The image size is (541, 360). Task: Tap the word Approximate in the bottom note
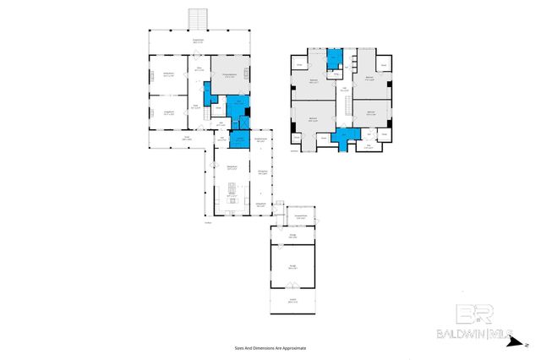click(292, 347)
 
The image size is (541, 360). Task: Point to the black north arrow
click(526, 345)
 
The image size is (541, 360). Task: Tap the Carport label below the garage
click(293, 302)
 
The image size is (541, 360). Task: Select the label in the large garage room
click(293, 268)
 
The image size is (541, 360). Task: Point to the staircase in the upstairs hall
click(345, 105)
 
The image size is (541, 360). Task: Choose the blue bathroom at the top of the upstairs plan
click(334, 58)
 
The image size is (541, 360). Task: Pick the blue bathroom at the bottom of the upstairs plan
click(344, 138)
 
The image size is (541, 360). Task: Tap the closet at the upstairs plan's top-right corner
click(384, 65)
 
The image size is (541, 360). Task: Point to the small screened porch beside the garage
click(300, 217)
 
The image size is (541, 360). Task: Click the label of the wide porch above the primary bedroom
click(199, 41)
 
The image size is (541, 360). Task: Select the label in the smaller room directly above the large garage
click(292, 237)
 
